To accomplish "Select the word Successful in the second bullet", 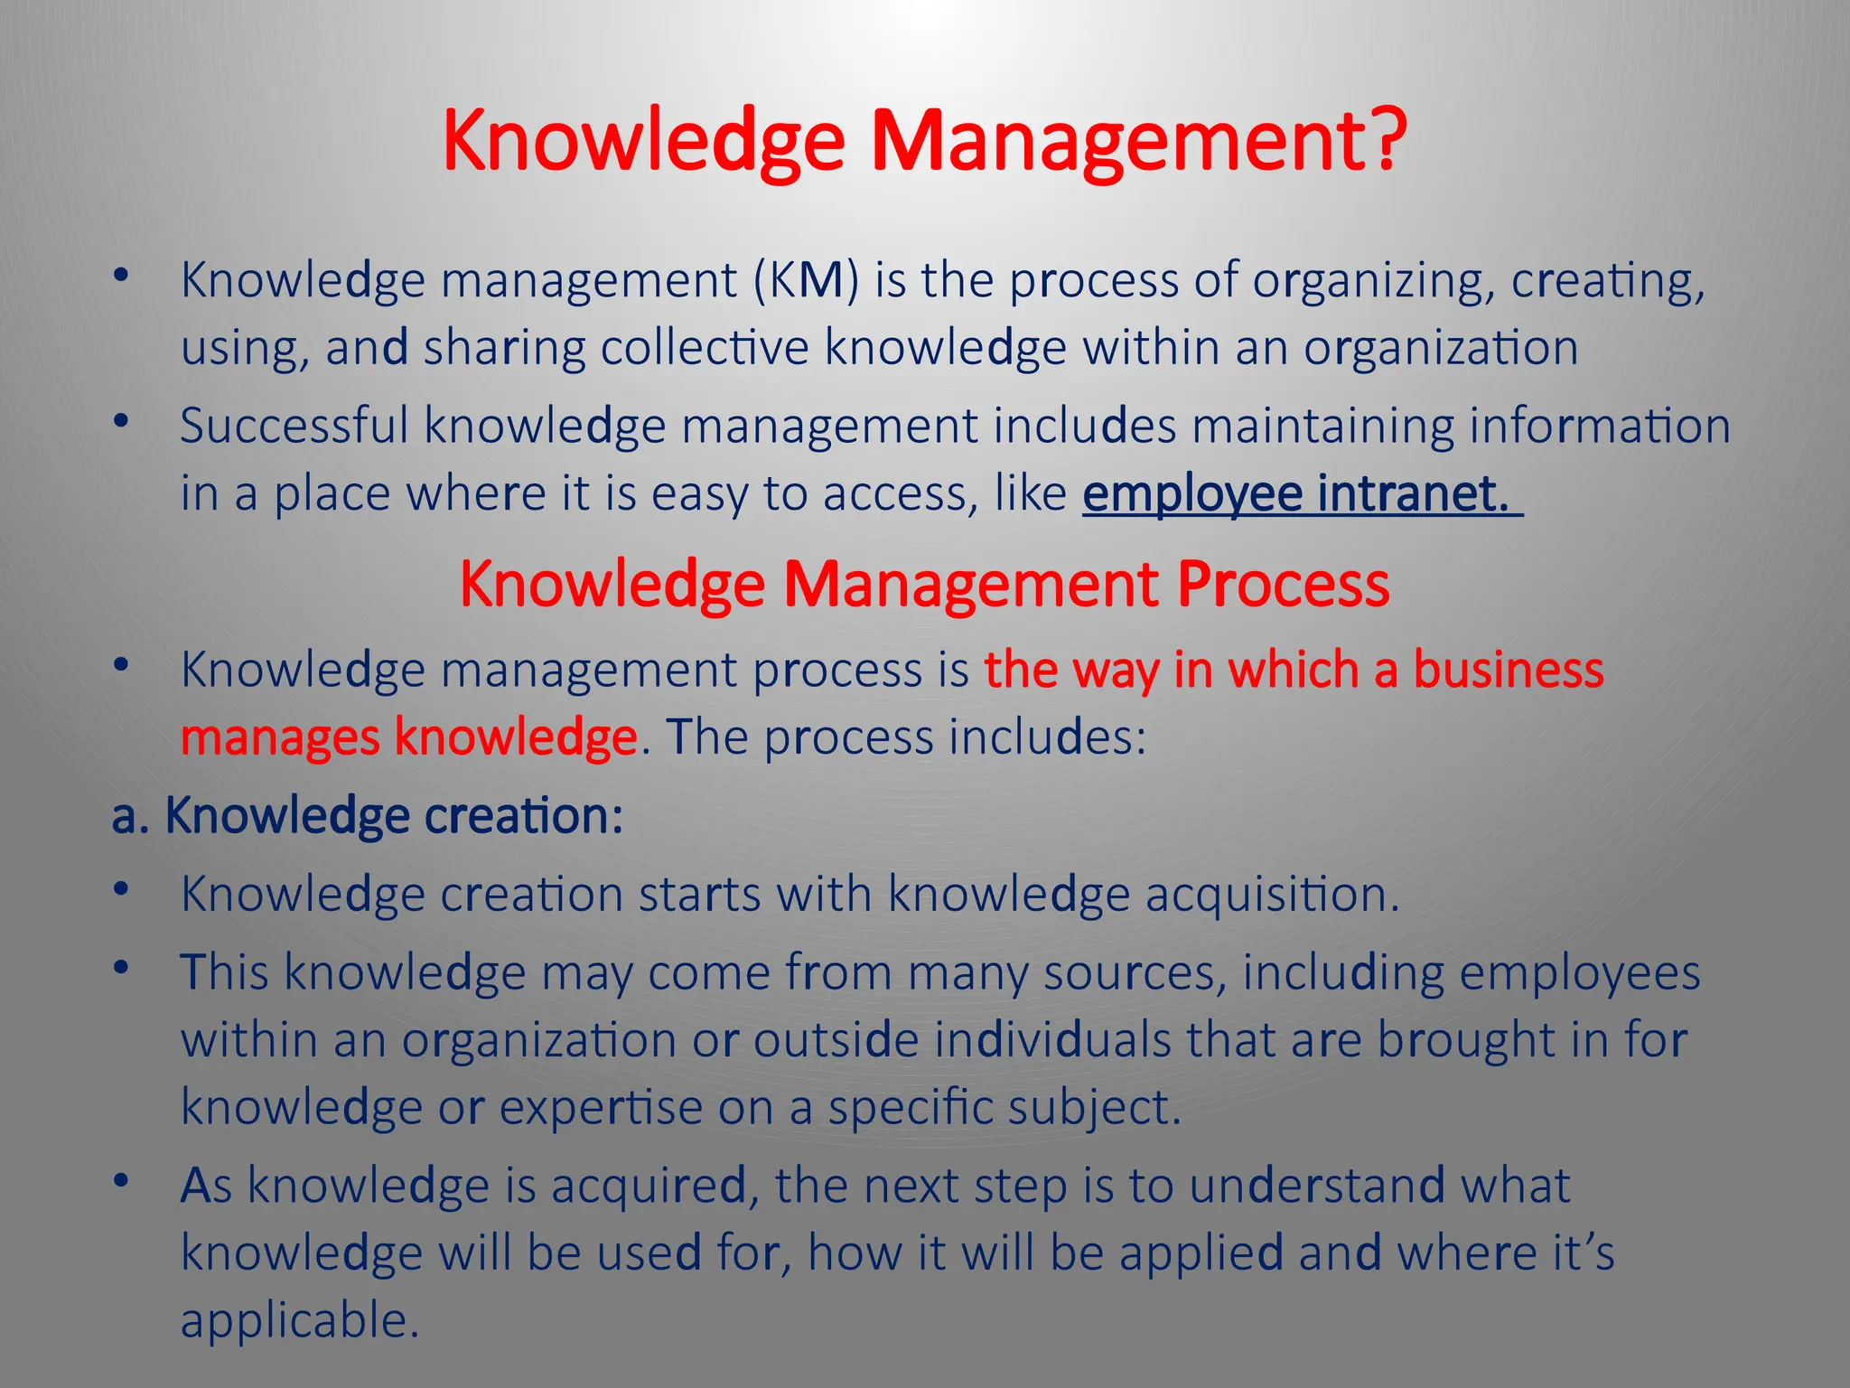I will (294, 425).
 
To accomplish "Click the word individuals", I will (1052, 1040).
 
